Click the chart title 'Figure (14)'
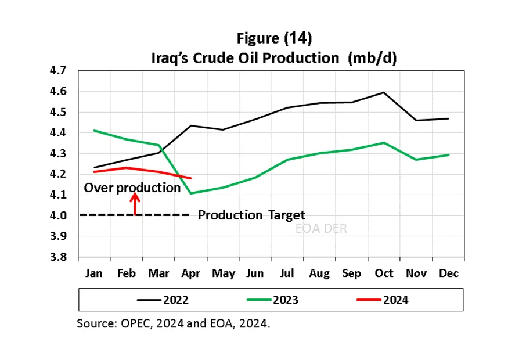click(x=275, y=39)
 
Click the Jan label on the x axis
click(x=95, y=273)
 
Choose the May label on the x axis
click(x=223, y=273)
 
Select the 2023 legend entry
click(x=286, y=300)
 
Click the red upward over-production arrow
click(x=135, y=204)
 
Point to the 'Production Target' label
click(x=251, y=215)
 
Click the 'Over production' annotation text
click(x=132, y=188)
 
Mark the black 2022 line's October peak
click(x=384, y=92)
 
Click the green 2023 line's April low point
click(x=191, y=193)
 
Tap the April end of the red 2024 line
click(x=191, y=178)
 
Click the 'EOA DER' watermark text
click(x=321, y=229)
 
